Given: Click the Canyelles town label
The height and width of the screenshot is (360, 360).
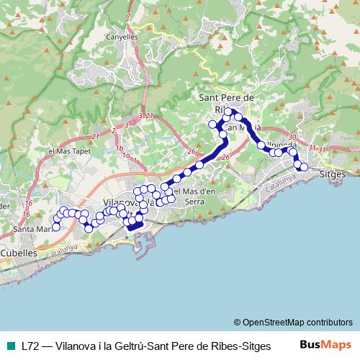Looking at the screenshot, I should (121, 35).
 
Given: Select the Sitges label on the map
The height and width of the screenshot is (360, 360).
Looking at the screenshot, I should (332, 175).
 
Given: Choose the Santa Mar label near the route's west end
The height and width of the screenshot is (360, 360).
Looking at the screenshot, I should (31, 229).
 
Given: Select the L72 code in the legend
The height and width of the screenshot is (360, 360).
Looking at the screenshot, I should (30, 346).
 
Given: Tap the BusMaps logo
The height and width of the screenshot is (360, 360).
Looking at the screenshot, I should (325, 345).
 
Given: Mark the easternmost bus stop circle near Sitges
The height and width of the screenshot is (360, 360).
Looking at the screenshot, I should (304, 167).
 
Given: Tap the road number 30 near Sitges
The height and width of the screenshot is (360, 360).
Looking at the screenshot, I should (291, 137).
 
